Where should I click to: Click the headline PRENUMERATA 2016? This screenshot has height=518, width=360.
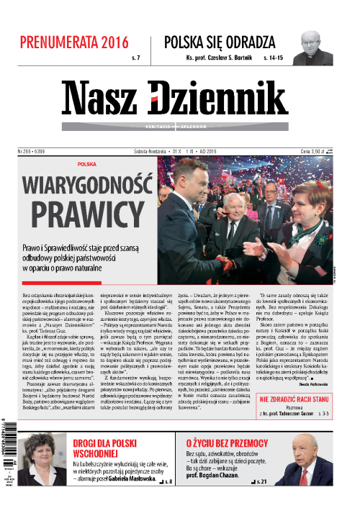74,41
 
